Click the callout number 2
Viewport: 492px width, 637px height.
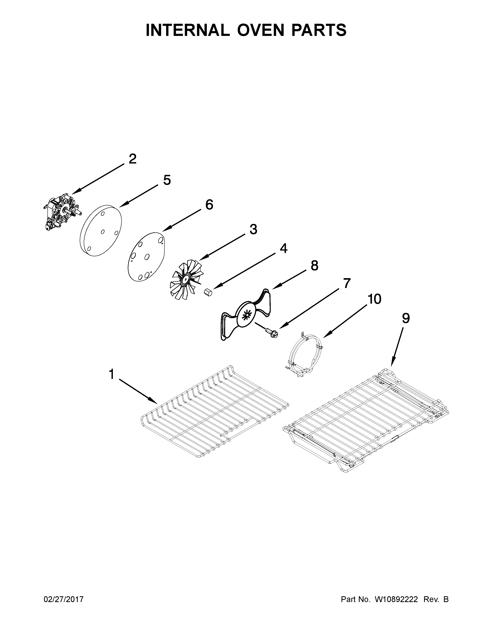click(x=132, y=159)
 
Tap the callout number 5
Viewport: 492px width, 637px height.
click(x=167, y=180)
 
